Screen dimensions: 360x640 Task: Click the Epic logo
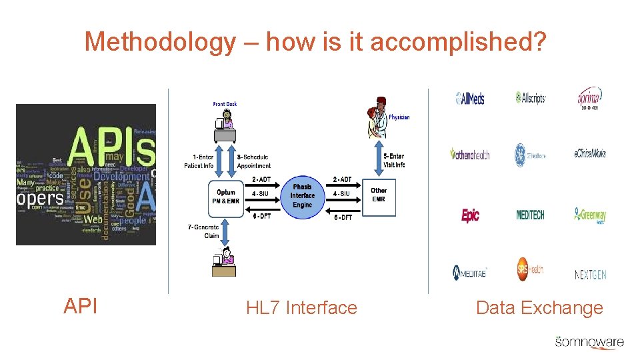click(471, 215)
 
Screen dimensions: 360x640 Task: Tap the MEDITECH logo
click(531, 215)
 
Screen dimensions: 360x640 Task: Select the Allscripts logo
click(531, 98)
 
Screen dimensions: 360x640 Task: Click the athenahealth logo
click(470, 155)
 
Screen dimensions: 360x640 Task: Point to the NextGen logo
click(591, 274)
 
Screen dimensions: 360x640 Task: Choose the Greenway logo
click(590, 215)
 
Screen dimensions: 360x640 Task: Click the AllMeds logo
click(470, 99)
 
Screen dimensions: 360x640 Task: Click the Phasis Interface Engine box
click(302, 195)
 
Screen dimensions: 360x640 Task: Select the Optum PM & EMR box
click(225, 197)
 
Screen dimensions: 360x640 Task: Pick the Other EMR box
click(379, 195)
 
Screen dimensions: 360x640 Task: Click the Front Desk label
click(225, 104)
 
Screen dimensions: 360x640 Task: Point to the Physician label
click(399, 117)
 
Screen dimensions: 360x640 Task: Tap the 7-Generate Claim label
click(203, 231)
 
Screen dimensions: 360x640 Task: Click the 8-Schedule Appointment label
click(254, 161)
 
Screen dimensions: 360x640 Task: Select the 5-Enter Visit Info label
click(394, 161)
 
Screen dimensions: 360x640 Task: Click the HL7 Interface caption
click(301, 308)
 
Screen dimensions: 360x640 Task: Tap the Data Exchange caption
click(539, 308)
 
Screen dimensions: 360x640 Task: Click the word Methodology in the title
click(160, 43)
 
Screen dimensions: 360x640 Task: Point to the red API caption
click(81, 306)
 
